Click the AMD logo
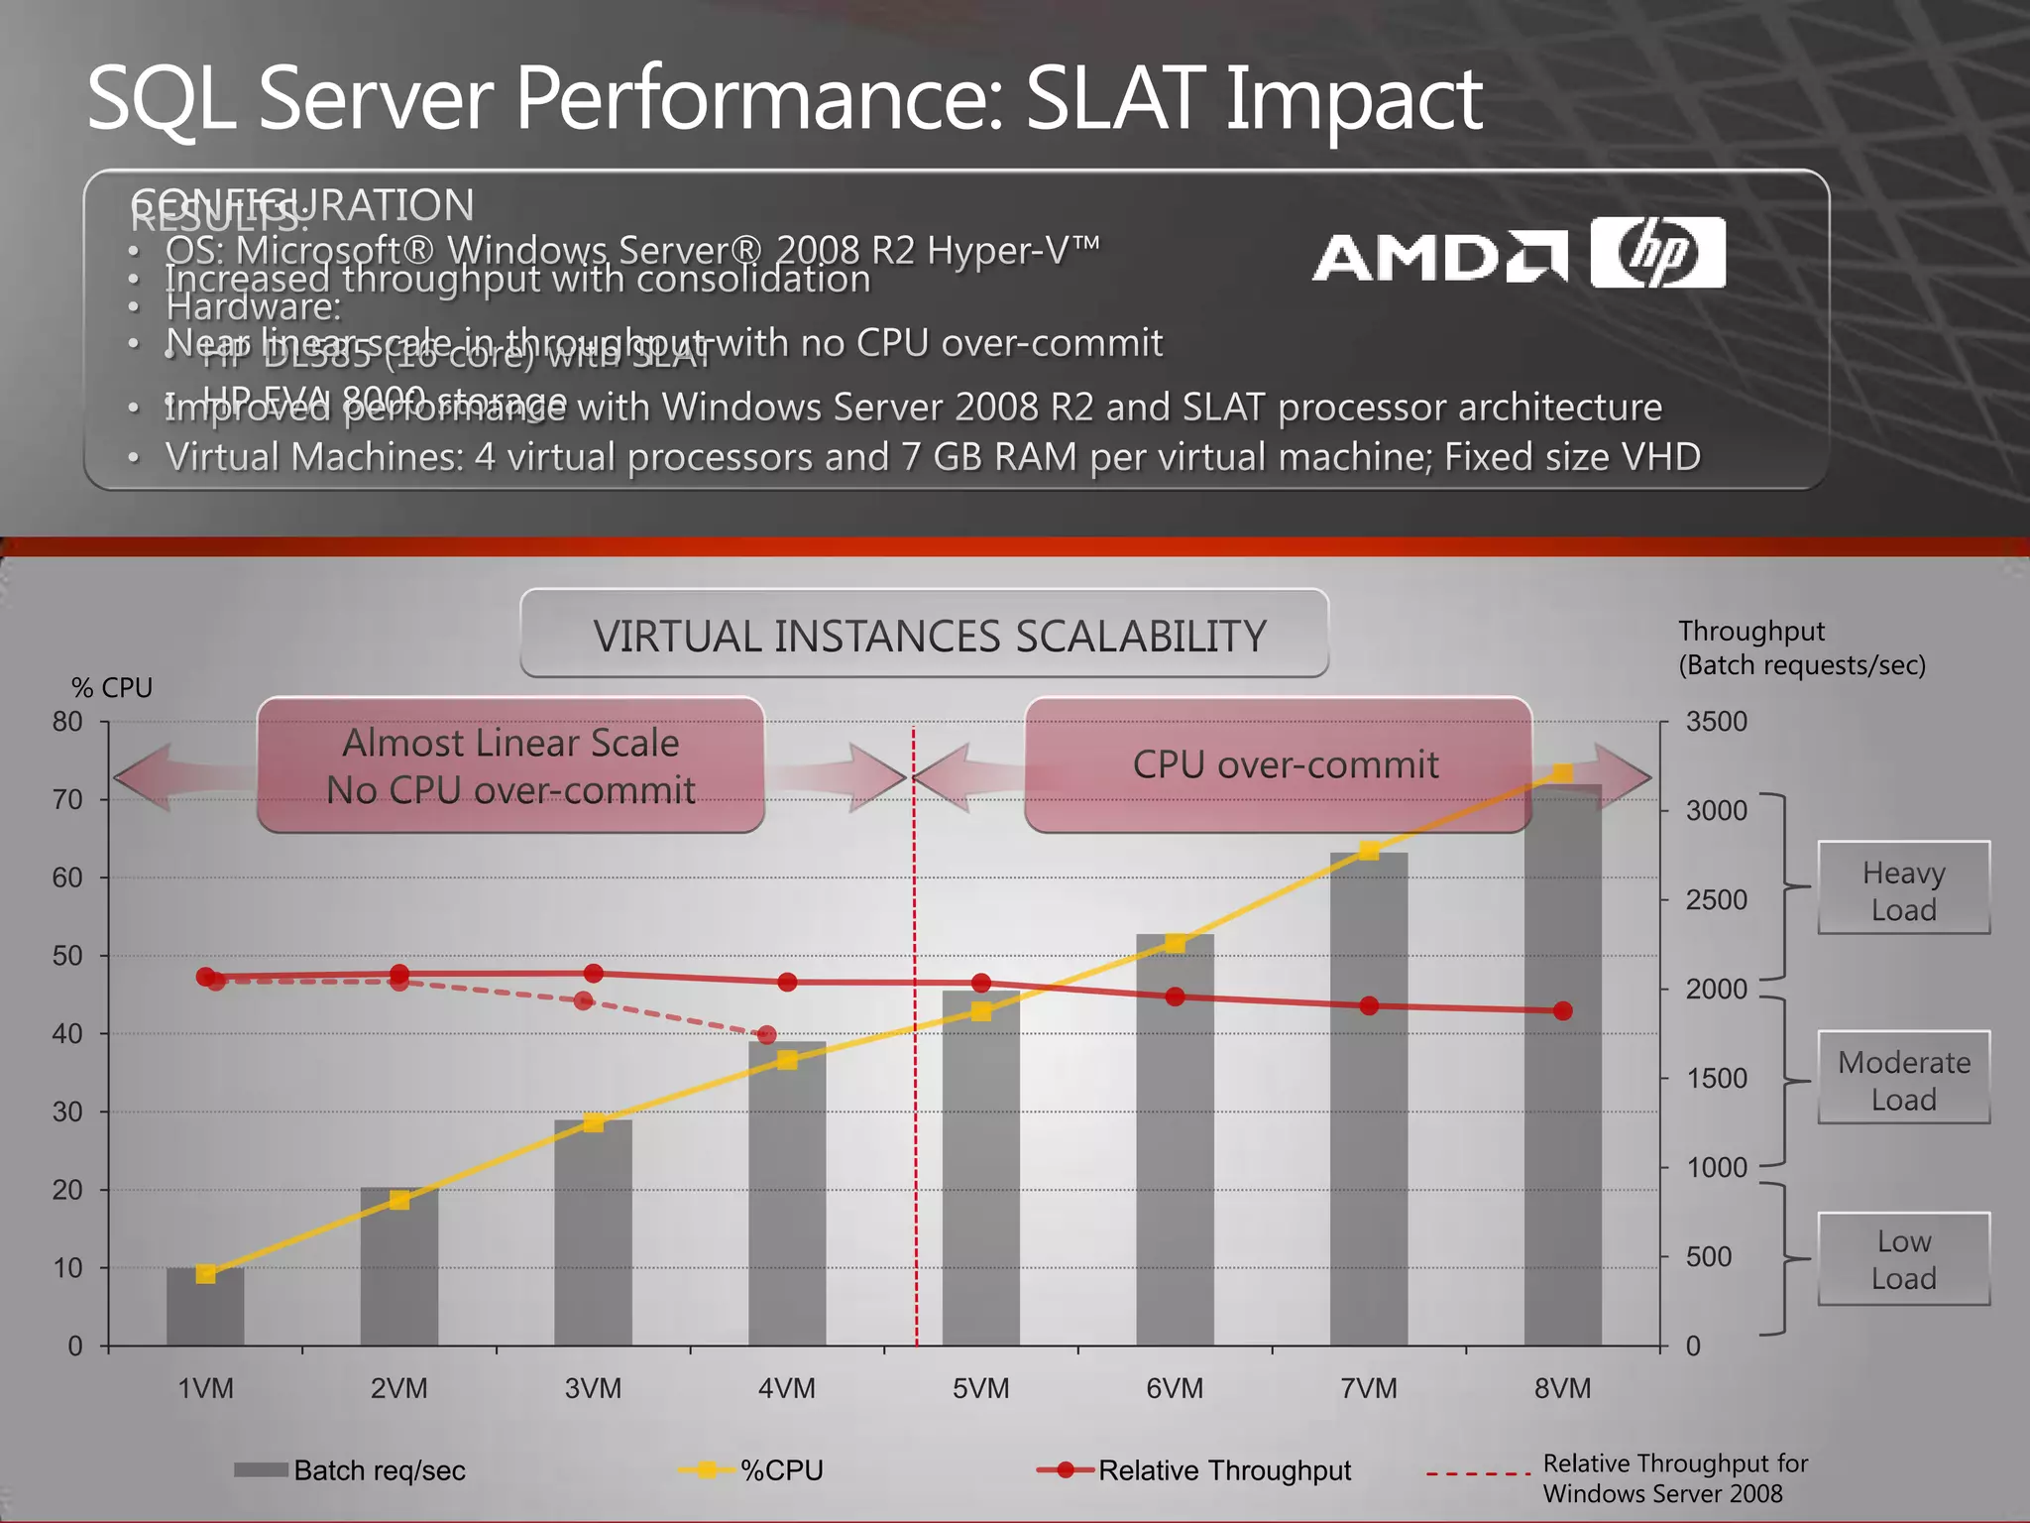(x=1439, y=257)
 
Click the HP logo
(x=1657, y=253)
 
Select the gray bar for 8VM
(x=1563, y=1071)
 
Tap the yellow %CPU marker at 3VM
(x=593, y=1122)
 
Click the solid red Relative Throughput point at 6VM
(x=1175, y=996)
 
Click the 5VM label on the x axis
(x=980, y=1388)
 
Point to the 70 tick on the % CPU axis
(x=67, y=799)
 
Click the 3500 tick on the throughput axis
(x=1716, y=722)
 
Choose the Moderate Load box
(x=1903, y=1079)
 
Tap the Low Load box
(x=1903, y=1259)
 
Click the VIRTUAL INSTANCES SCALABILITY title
(x=929, y=636)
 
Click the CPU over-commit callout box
(x=1285, y=764)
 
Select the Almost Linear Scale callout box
(x=510, y=765)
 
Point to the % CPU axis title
(x=112, y=688)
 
